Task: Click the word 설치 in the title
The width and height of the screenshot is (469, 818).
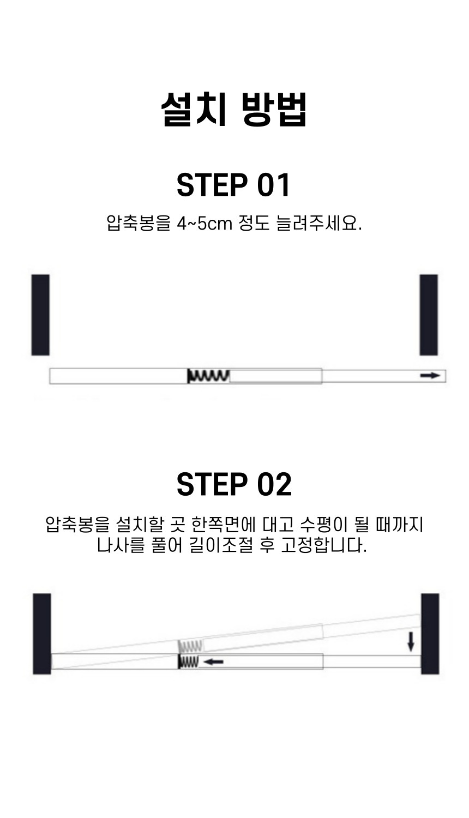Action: [194, 109]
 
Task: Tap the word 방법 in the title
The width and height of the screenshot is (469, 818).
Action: [274, 109]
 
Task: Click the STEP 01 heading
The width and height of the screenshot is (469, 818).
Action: [233, 185]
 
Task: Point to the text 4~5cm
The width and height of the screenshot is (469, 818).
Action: [205, 224]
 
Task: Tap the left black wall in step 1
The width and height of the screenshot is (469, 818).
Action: [40, 315]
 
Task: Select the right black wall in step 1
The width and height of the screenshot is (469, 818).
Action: [429, 315]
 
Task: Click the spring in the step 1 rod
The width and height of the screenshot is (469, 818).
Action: [208, 376]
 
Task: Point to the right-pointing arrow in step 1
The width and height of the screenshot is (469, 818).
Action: [430, 375]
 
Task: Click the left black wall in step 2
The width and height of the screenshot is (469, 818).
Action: [42, 634]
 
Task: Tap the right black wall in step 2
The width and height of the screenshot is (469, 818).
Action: [430, 634]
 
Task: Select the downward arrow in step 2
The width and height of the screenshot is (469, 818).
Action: [411, 642]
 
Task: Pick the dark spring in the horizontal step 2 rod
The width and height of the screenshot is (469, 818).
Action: [189, 661]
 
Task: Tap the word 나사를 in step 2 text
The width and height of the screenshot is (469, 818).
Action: [121, 545]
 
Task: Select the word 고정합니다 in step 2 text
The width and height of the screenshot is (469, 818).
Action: [324, 545]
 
